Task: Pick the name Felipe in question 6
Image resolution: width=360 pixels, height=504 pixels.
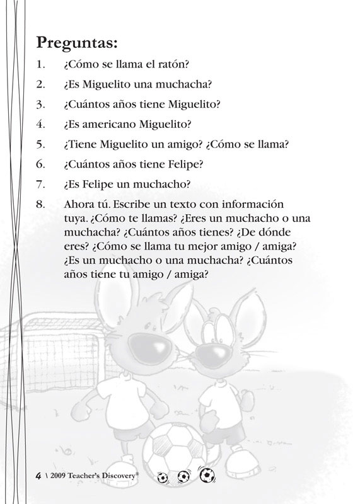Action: tap(178, 164)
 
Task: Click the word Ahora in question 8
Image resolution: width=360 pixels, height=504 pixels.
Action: tap(78, 205)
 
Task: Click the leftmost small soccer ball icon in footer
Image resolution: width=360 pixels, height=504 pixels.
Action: tap(163, 477)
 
